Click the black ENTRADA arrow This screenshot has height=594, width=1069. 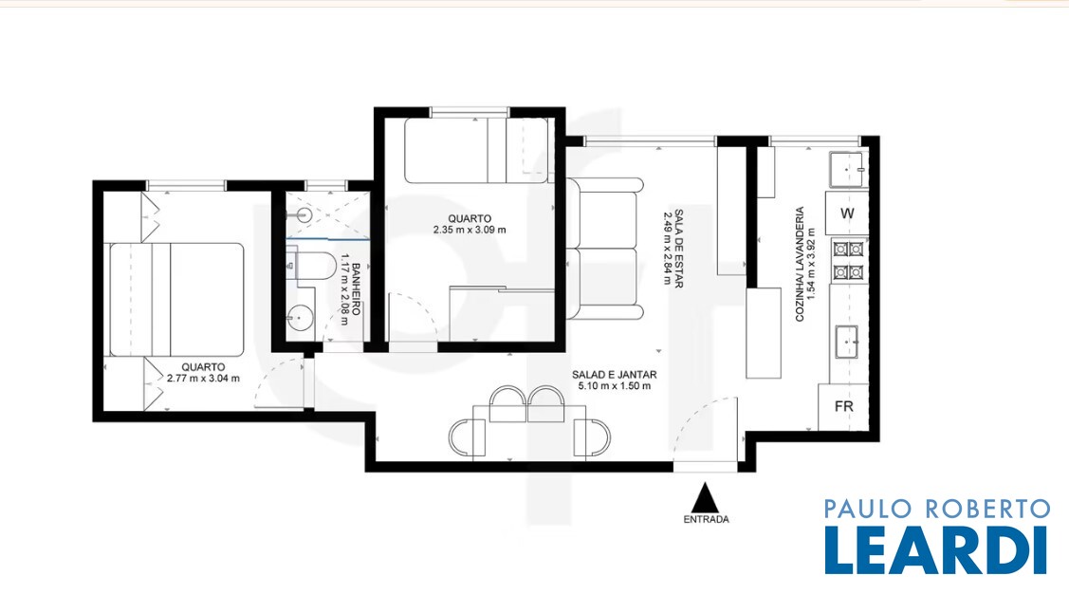coord(706,498)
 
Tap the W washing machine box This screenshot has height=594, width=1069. coord(847,213)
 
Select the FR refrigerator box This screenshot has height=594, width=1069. coord(843,406)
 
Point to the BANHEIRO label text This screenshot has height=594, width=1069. coord(355,289)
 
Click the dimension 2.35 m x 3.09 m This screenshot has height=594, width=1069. coord(470,230)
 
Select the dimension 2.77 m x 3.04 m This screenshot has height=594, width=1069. coord(203,379)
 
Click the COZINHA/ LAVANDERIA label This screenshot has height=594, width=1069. coord(800,264)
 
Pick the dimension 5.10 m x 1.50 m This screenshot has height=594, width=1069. coord(615,386)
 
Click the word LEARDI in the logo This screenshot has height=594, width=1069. coord(936,550)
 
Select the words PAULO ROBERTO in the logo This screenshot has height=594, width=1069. coord(937,509)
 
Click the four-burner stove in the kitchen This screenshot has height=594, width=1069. coord(848,261)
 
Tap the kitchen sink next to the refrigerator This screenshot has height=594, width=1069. coord(846,342)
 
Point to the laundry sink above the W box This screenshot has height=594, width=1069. coord(847,169)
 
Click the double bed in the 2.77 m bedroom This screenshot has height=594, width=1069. coord(176,300)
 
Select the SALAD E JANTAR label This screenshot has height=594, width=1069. coord(615,375)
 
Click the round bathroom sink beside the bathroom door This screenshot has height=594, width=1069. coord(300,318)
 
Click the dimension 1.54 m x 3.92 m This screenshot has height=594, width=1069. coord(811,264)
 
